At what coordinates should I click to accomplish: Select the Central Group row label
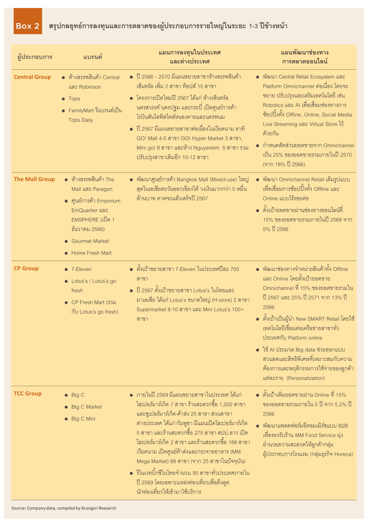pyautogui.click(x=32, y=77)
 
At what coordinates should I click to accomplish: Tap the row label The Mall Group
pyautogui.click(x=34, y=179)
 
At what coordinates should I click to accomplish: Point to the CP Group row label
pyautogui.click(x=26, y=268)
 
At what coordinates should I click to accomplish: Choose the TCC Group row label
pyautogui.click(x=28, y=394)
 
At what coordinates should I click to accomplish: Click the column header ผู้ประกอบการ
pyautogui.click(x=35, y=57)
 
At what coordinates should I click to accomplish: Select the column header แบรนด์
pyautogui.click(x=92, y=57)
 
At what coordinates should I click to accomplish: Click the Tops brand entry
pyautogui.click(x=74, y=99)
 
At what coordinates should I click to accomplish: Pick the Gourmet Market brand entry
pyautogui.click(x=90, y=241)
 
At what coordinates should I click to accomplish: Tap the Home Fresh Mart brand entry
pyautogui.click(x=91, y=253)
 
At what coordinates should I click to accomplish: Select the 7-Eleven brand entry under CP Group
pyautogui.click(x=81, y=269)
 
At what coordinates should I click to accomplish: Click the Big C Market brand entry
pyautogui.click(x=87, y=407)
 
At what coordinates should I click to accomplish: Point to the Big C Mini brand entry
pyautogui.click(x=83, y=419)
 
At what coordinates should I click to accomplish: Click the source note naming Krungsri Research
pyautogui.click(x=63, y=508)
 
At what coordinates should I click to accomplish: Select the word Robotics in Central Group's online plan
pyautogui.click(x=274, y=105)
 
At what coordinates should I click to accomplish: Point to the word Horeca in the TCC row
pyautogui.click(x=343, y=454)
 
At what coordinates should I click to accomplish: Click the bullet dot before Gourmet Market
pyautogui.click(x=66, y=242)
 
